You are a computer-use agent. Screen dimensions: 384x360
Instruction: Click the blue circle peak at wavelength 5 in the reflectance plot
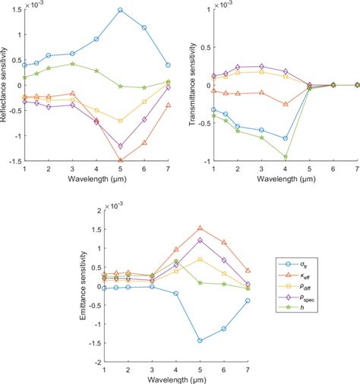pyautogui.click(x=120, y=10)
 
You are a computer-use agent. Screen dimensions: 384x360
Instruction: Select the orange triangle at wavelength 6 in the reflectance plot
pyautogui.click(x=144, y=142)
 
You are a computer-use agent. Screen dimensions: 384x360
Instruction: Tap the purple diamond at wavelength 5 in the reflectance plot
pyautogui.click(x=120, y=146)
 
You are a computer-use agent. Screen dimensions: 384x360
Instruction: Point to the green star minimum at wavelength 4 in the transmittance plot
pyautogui.click(x=286, y=156)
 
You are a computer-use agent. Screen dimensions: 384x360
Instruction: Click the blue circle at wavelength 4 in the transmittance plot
pyautogui.click(x=286, y=138)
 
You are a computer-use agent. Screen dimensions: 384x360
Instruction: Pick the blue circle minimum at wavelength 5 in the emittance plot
pyautogui.click(x=200, y=341)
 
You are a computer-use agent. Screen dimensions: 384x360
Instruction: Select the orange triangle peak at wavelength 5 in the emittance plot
pyautogui.click(x=200, y=228)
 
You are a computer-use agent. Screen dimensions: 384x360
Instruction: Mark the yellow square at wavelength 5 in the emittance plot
pyautogui.click(x=200, y=259)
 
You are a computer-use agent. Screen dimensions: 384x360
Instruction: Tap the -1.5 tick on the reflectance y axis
pyautogui.click(x=14, y=161)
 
